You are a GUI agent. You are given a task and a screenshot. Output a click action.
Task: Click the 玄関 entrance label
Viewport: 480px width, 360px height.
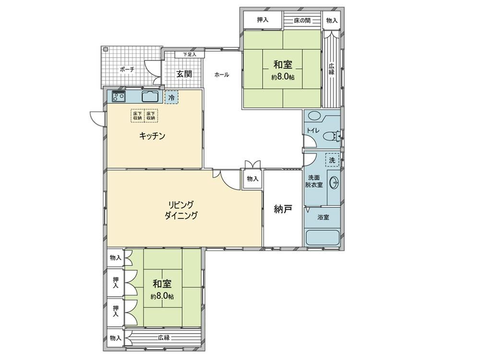pyautogui.click(x=184, y=74)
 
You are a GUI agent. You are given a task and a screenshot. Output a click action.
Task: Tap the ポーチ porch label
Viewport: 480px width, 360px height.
pyautogui.click(x=127, y=70)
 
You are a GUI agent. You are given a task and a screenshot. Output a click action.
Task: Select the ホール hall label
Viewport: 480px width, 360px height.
pyautogui.click(x=222, y=75)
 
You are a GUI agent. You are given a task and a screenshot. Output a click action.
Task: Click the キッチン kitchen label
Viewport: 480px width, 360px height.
pyautogui.click(x=152, y=136)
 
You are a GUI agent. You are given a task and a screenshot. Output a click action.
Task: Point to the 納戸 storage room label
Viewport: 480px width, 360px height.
pyautogui.click(x=283, y=209)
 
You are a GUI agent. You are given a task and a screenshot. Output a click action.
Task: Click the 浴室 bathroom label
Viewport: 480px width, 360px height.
pyautogui.click(x=323, y=217)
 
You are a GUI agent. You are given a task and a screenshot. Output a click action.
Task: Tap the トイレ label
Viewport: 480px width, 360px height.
pyautogui.click(x=313, y=131)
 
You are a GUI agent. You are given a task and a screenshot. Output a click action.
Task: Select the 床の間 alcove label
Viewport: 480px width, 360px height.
pyautogui.click(x=302, y=21)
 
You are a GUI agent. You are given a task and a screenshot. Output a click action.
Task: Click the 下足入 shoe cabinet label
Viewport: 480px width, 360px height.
pyautogui.click(x=190, y=55)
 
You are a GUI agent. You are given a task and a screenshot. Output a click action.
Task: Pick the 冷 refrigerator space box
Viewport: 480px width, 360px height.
pyautogui.click(x=171, y=97)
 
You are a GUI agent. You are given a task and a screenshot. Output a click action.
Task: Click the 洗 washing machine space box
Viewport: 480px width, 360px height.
pyautogui.click(x=332, y=160)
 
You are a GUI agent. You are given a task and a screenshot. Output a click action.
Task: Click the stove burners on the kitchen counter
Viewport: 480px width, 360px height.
pyautogui.click(x=119, y=96)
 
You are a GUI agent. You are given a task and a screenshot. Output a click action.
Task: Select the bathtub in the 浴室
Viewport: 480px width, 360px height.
pyautogui.click(x=323, y=238)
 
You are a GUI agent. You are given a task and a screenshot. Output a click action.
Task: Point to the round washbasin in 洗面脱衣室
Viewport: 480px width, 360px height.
pyautogui.click(x=334, y=183)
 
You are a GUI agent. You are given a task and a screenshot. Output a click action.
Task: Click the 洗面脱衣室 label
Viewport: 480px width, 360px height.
pyautogui.click(x=313, y=181)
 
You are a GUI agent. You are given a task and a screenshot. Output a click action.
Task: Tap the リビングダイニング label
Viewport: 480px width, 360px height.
pyautogui.click(x=181, y=210)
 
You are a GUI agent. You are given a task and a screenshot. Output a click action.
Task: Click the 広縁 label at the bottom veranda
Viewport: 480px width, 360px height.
pyautogui.click(x=164, y=337)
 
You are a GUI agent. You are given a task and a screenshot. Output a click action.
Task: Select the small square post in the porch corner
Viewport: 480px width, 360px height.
pyautogui.click(x=106, y=49)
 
